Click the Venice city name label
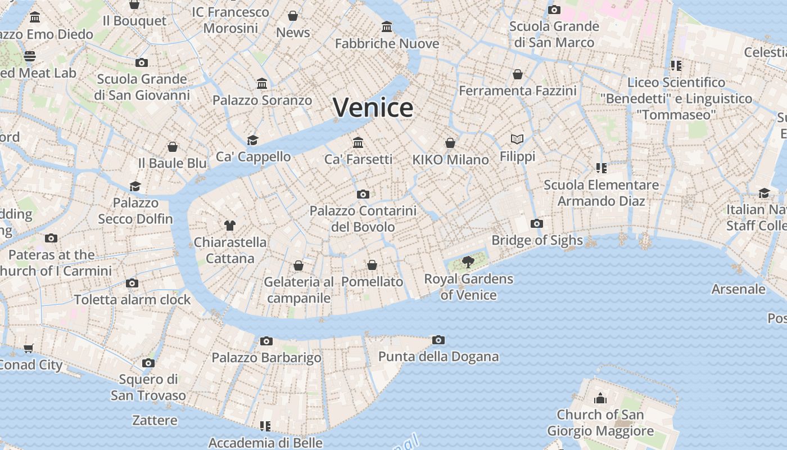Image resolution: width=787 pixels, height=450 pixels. point(373,107)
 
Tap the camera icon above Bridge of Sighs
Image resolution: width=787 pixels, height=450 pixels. point(536,224)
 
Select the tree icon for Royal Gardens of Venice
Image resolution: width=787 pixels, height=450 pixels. point(468,262)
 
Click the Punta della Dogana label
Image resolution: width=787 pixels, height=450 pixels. point(438,356)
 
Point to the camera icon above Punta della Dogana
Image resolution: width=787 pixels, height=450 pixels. point(438,340)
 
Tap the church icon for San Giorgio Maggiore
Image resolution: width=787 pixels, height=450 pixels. point(600,399)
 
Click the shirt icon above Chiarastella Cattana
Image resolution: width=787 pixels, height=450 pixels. point(229,226)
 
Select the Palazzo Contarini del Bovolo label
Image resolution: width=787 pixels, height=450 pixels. point(363,219)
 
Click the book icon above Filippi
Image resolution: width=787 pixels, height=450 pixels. point(517,139)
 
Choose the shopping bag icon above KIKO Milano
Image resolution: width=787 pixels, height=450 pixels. point(450,143)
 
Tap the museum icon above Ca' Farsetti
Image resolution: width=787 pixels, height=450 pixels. point(358,143)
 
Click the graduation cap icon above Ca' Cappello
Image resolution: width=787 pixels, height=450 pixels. point(253,140)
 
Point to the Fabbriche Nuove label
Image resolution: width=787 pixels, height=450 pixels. point(387,43)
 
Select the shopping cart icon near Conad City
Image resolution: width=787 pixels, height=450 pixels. point(29,348)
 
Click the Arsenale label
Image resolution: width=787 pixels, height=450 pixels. point(738,289)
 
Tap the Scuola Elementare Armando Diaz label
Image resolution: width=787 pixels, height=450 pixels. point(601,193)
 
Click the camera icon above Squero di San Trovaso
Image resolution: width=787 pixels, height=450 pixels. point(148,363)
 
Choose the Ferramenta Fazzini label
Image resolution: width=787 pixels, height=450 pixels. point(518,91)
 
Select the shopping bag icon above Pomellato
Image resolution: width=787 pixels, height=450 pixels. point(372,265)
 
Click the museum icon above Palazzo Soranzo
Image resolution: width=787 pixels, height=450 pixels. point(262,84)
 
